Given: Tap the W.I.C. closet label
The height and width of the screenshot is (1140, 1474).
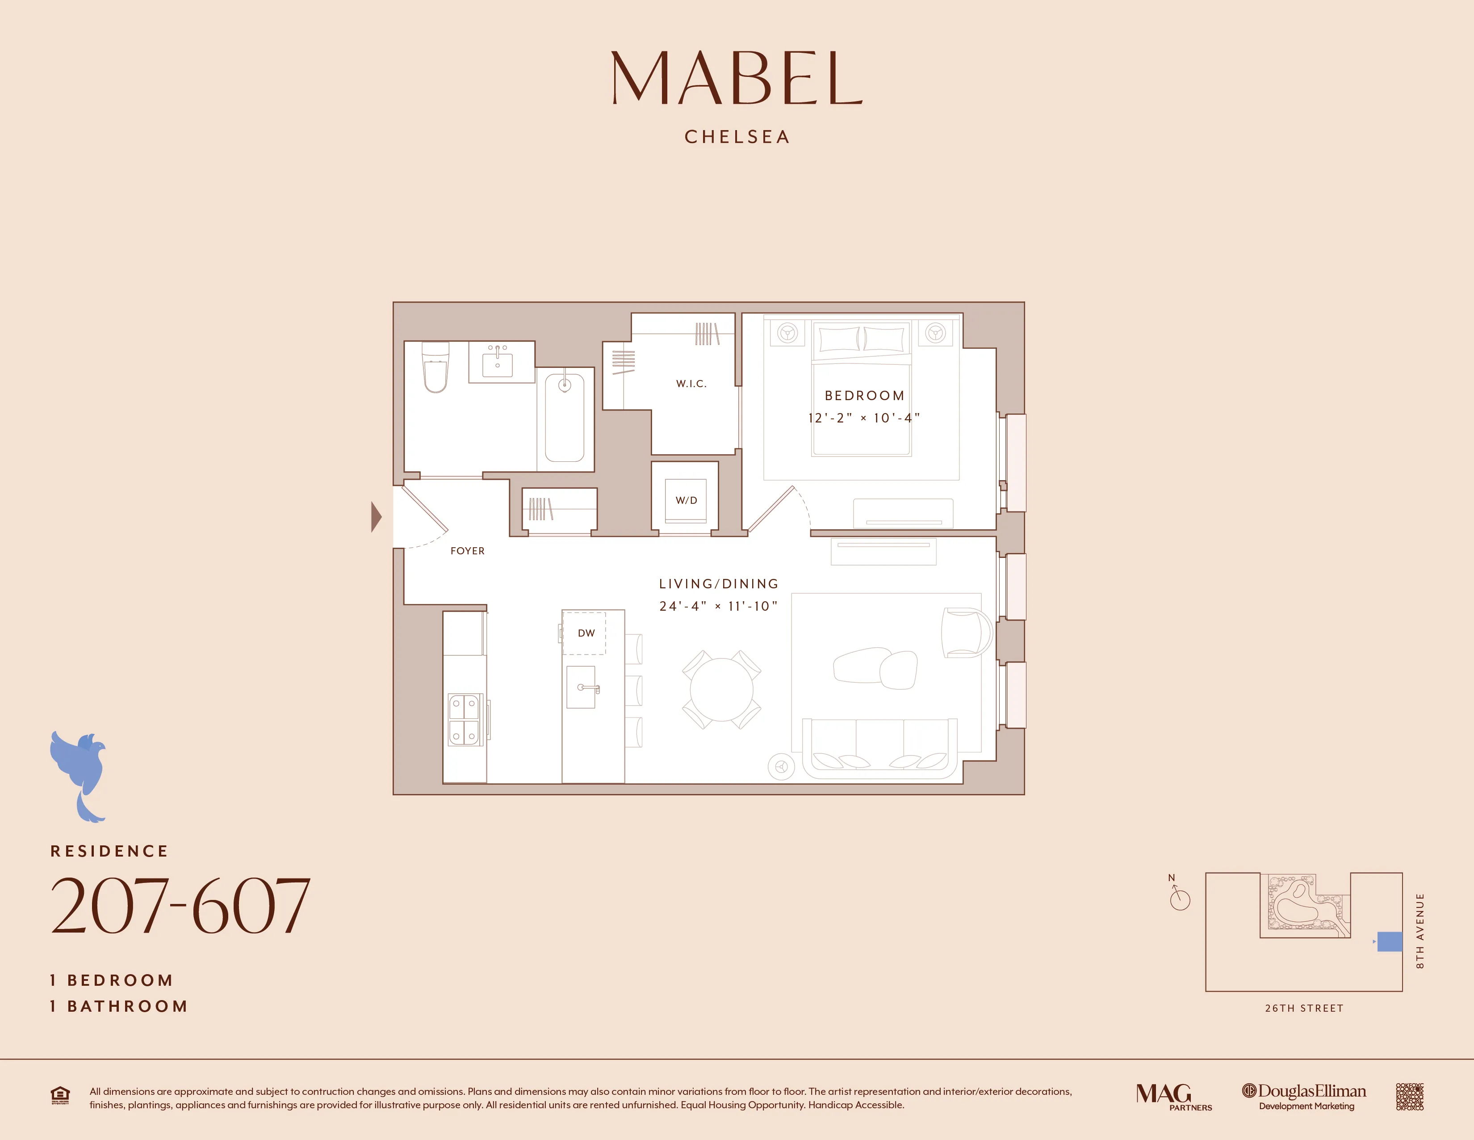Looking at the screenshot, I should tap(691, 384).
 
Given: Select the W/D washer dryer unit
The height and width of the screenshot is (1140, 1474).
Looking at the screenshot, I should tap(686, 500).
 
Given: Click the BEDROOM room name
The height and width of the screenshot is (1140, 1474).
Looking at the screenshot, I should tap(864, 396).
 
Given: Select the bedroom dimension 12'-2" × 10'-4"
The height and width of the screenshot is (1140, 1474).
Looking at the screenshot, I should tap(864, 418).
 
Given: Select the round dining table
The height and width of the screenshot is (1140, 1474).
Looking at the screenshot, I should tap(721, 689).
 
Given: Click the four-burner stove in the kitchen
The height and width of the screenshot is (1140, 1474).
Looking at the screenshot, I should tap(465, 719).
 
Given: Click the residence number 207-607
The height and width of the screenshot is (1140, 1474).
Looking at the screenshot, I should tap(180, 906).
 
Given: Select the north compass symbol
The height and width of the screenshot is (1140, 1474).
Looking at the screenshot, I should tap(1179, 897).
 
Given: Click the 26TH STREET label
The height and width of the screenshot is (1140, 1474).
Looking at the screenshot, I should tap(1304, 1008).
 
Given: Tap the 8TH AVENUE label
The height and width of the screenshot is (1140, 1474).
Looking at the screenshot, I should tap(1420, 931).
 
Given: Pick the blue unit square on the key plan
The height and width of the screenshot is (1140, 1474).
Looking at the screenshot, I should tap(1389, 942).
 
